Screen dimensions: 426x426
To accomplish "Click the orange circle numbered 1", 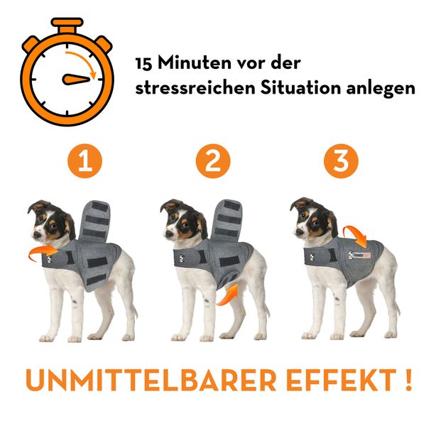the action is pyautogui.click(x=84, y=161).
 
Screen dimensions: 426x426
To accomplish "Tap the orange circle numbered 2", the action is pyautogui.click(x=213, y=161).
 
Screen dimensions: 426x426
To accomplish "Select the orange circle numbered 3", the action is pyautogui.click(x=341, y=161).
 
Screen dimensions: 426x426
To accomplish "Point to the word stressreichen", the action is pyautogui.click(x=195, y=88).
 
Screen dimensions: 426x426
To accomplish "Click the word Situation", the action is pyautogui.click(x=300, y=87).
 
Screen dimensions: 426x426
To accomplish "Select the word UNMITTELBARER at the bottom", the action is pyautogui.click(x=151, y=380).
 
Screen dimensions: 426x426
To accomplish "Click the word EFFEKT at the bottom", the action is pyautogui.click(x=342, y=380).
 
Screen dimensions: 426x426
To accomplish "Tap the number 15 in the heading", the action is pyautogui.click(x=143, y=64).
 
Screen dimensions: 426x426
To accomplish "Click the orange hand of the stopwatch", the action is pyautogui.click(x=76, y=80).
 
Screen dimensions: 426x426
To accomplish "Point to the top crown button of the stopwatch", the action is pyautogui.click(x=67, y=25).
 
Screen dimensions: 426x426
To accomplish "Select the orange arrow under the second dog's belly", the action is pyautogui.click(x=228, y=295).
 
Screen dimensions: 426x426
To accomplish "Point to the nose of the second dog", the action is pyautogui.click(x=169, y=234).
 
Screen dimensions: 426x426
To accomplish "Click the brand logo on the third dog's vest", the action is pyautogui.click(x=359, y=255).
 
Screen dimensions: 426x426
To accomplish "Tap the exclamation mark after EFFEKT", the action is pyautogui.click(x=408, y=380).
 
